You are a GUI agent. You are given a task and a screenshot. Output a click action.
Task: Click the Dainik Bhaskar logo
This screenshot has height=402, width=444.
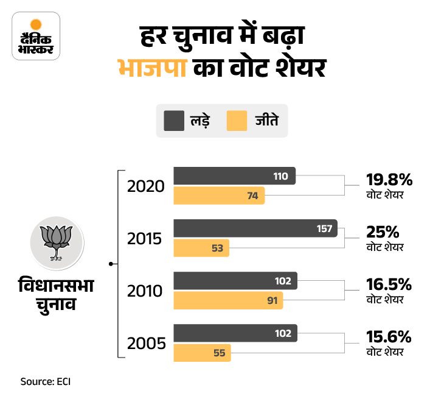click(x=36, y=35)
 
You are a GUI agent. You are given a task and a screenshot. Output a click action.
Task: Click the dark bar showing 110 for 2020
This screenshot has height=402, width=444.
click(x=234, y=175)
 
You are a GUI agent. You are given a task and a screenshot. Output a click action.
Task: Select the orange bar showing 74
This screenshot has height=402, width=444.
click(x=219, y=196)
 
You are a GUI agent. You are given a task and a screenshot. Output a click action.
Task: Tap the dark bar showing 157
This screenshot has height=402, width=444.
click(x=255, y=228)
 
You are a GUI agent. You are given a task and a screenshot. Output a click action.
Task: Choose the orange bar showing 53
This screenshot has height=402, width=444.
click(x=201, y=248)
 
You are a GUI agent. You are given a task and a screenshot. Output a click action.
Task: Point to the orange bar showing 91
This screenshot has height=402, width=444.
click(x=228, y=300)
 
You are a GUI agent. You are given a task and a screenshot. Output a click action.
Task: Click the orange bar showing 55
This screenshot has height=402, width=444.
click(x=202, y=353)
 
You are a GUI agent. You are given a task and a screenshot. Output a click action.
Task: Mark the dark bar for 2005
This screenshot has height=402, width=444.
click(x=235, y=333)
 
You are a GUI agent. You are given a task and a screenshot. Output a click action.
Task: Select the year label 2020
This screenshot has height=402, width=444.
click(x=146, y=186)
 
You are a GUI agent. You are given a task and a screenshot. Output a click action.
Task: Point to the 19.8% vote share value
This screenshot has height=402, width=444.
click(x=389, y=180)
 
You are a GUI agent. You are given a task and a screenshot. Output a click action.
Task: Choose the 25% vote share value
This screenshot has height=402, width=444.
click(x=383, y=232)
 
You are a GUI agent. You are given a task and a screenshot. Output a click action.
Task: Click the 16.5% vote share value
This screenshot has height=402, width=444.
click(x=389, y=284)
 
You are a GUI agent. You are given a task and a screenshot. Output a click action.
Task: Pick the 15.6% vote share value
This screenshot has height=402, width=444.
click(x=389, y=337)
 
